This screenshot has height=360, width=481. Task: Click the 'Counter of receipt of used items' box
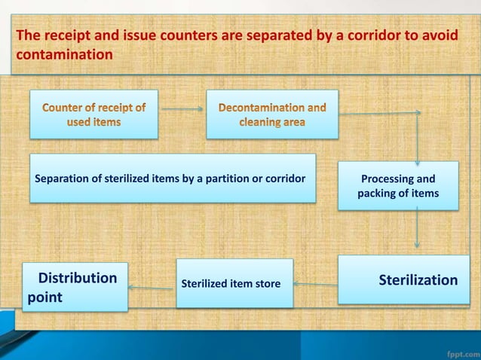93,114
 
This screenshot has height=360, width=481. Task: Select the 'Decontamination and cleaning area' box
272,114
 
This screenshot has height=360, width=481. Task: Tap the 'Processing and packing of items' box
397,187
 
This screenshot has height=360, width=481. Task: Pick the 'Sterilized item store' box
234,284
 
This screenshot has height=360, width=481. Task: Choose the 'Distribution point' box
75,287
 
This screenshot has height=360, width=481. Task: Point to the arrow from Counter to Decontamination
182,108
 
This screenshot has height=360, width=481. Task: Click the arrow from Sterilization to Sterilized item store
315,284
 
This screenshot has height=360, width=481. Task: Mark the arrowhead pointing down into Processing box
418,159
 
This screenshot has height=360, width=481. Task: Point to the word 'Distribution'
78,278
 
